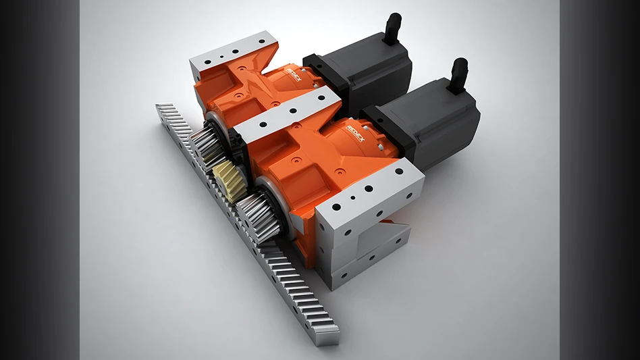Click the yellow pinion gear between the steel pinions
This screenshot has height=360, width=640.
coord(229,180)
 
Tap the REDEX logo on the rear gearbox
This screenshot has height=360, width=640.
coord(294,74)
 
